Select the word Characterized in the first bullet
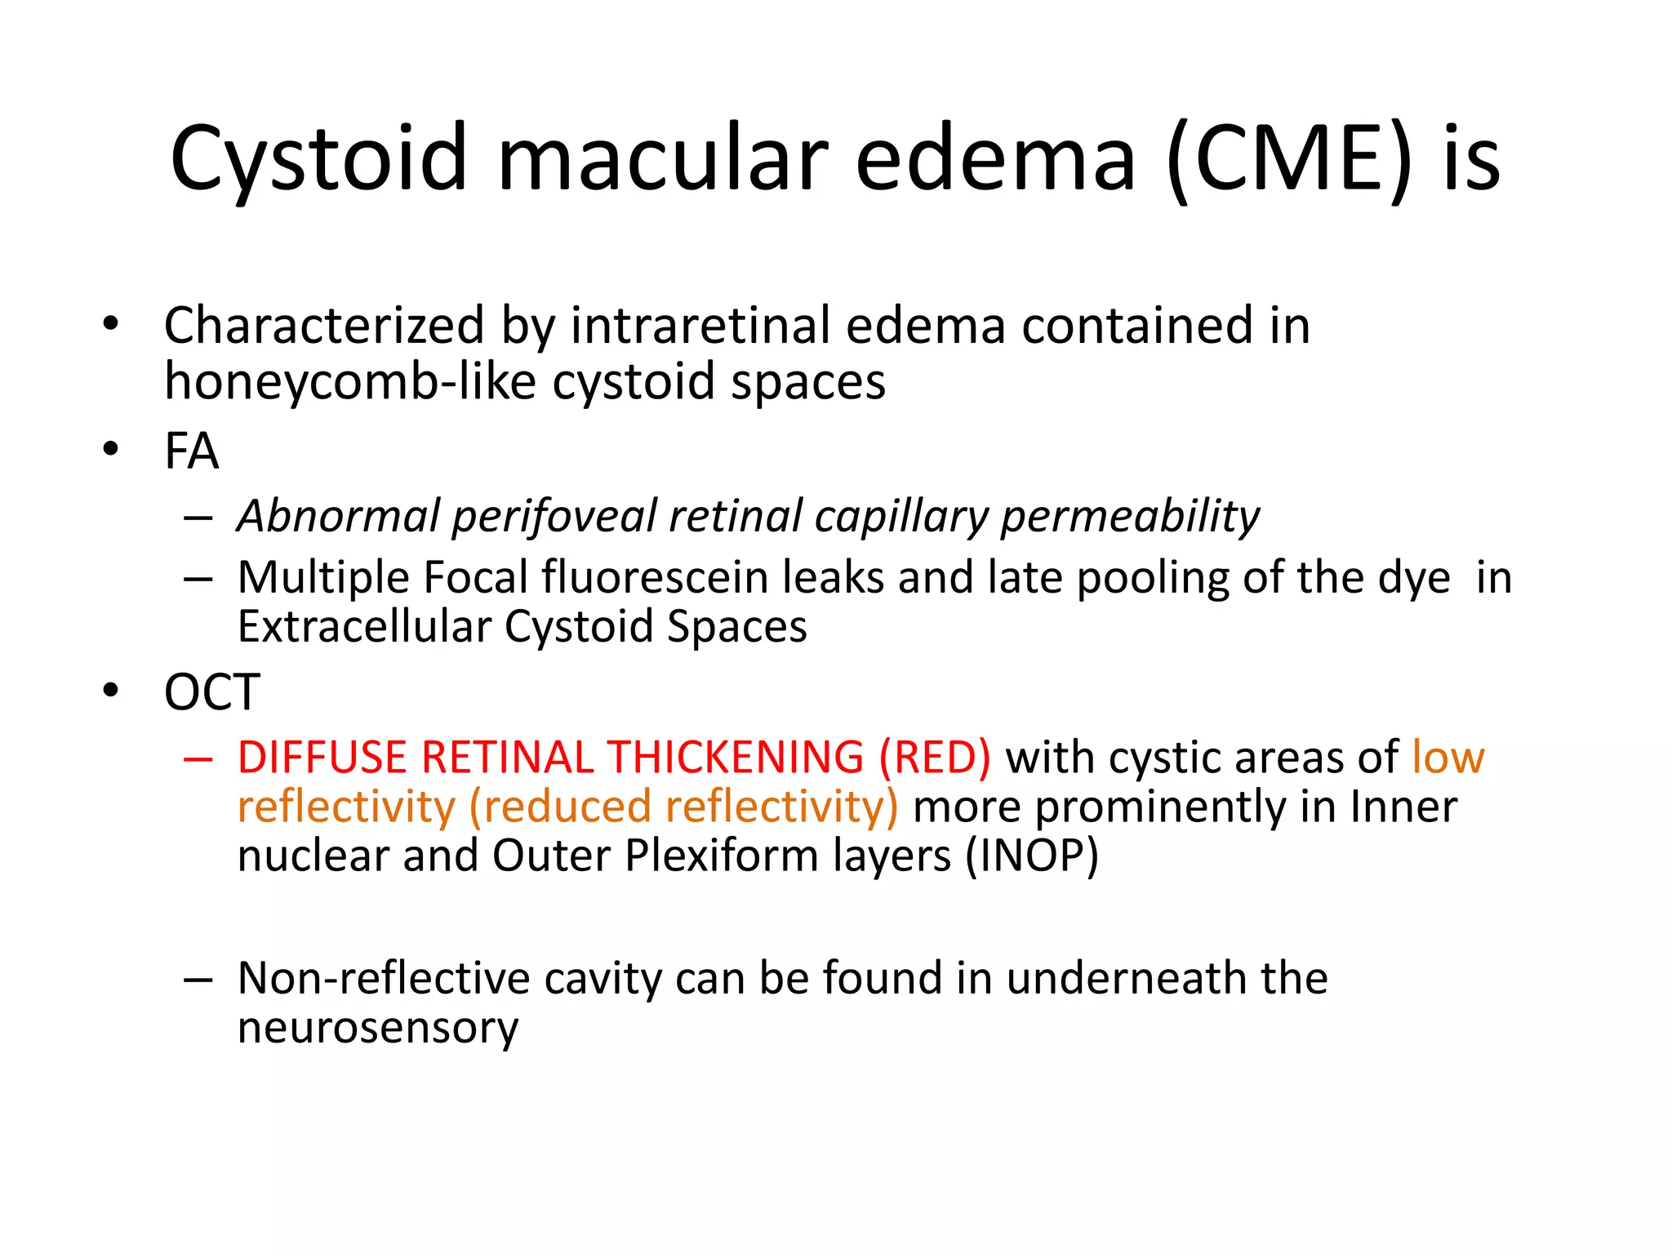(324, 326)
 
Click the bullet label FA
(191, 451)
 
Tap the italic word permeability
(1130, 517)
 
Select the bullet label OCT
(211, 692)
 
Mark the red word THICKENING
(736, 758)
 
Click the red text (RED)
(934, 758)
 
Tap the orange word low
(1447, 758)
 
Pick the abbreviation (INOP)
(1032, 856)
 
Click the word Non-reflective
(384, 978)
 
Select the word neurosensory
(378, 1027)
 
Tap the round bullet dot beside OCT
(111, 691)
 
